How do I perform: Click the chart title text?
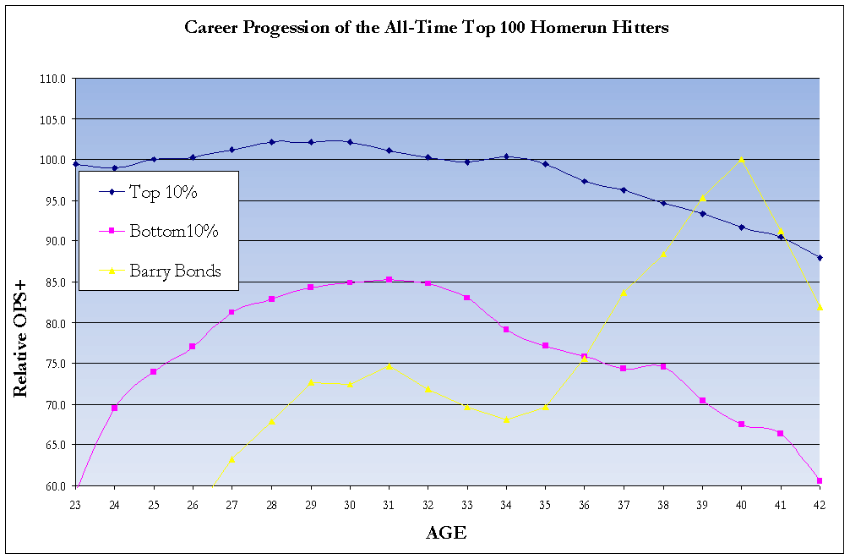pyautogui.click(x=427, y=28)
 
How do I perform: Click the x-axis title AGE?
pyautogui.click(x=445, y=533)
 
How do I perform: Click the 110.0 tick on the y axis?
pyautogui.click(x=52, y=79)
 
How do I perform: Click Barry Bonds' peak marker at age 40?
pyautogui.click(x=741, y=159)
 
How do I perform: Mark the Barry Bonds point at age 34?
pyautogui.click(x=506, y=419)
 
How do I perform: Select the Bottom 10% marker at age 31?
pyautogui.click(x=389, y=279)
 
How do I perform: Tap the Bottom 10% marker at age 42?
pyautogui.click(x=820, y=480)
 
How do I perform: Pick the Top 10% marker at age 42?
pyautogui.click(x=820, y=257)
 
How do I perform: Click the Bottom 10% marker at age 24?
pyautogui.click(x=114, y=408)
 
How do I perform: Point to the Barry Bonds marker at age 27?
pyautogui.click(x=232, y=459)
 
